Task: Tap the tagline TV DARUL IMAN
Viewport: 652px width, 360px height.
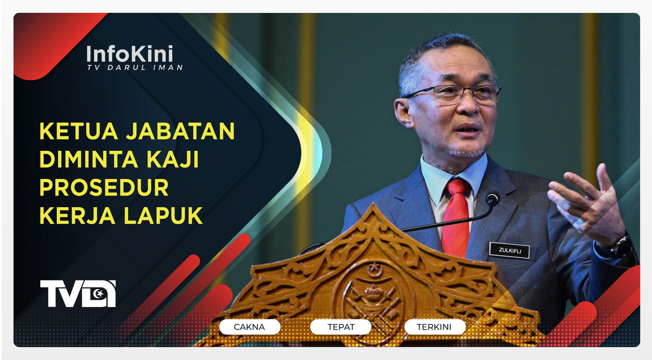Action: click(x=135, y=68)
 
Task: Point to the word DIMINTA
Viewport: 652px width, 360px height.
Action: click(x=89, y=159)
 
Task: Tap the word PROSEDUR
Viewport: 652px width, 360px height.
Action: click(x=104, y=187)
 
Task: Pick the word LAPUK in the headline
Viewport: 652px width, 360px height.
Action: click(x=163, y=216)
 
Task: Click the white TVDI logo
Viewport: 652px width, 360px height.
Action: click(x=78, y=293)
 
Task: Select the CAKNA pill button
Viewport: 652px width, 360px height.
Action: click(x=250, y=327)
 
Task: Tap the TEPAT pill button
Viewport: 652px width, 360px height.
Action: click(x=341, y=327)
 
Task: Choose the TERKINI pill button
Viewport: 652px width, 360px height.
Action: click(x=434, y=327)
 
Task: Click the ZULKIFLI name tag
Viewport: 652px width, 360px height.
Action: click(x=509, y=250)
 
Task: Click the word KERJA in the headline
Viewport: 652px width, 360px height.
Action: click(x=77, y=216)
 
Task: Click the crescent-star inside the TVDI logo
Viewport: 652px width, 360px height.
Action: click(x=99, y=293)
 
